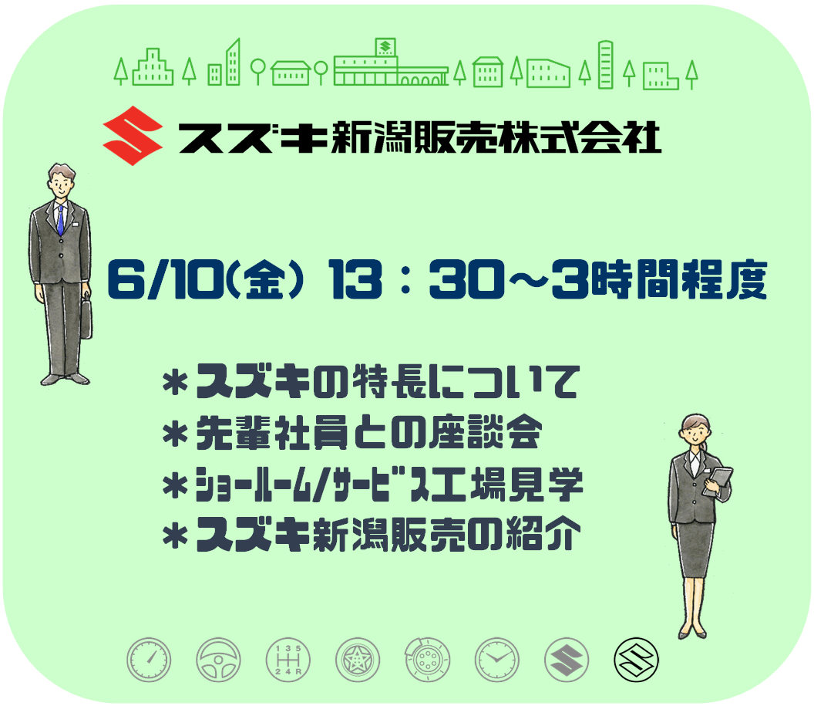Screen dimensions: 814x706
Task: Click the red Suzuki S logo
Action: (133, 136)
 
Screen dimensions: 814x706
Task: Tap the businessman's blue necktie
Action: (60, 219)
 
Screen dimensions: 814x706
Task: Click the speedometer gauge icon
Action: (149, 660)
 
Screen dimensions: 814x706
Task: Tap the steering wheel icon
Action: (219, 660)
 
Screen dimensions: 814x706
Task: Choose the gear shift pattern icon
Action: (288, 660)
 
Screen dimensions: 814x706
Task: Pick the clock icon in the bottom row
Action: (497, 660)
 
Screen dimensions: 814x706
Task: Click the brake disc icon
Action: (427, 660)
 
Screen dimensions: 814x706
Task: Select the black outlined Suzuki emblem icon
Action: (636, 660)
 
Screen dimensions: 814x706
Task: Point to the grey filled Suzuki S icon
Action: (567, 660)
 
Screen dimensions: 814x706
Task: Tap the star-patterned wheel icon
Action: (358, 660)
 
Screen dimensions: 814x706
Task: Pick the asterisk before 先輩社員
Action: (175, 434)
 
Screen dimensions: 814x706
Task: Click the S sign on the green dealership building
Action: (385, 47)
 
